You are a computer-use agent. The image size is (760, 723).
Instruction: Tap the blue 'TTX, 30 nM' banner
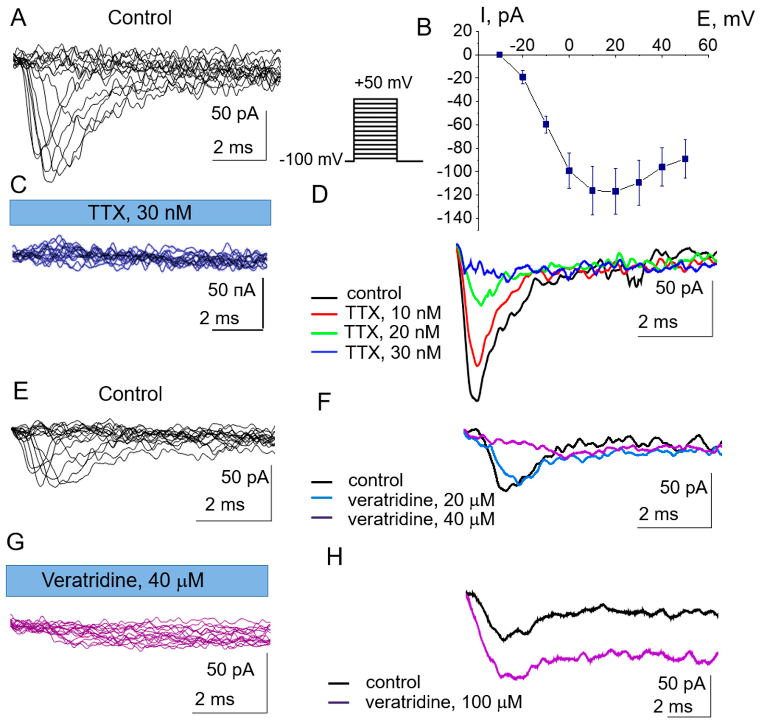click(x=140, y=212)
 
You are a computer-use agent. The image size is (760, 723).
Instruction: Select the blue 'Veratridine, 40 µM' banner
click(x=137, y=580)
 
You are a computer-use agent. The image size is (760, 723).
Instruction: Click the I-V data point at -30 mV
click(x=499, y=55)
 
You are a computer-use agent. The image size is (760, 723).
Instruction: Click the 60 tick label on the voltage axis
click(x=708, y=45)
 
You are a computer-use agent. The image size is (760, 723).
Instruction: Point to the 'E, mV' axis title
click(x=726, y=18)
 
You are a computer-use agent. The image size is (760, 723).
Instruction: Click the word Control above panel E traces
click(x=130, y=394)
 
